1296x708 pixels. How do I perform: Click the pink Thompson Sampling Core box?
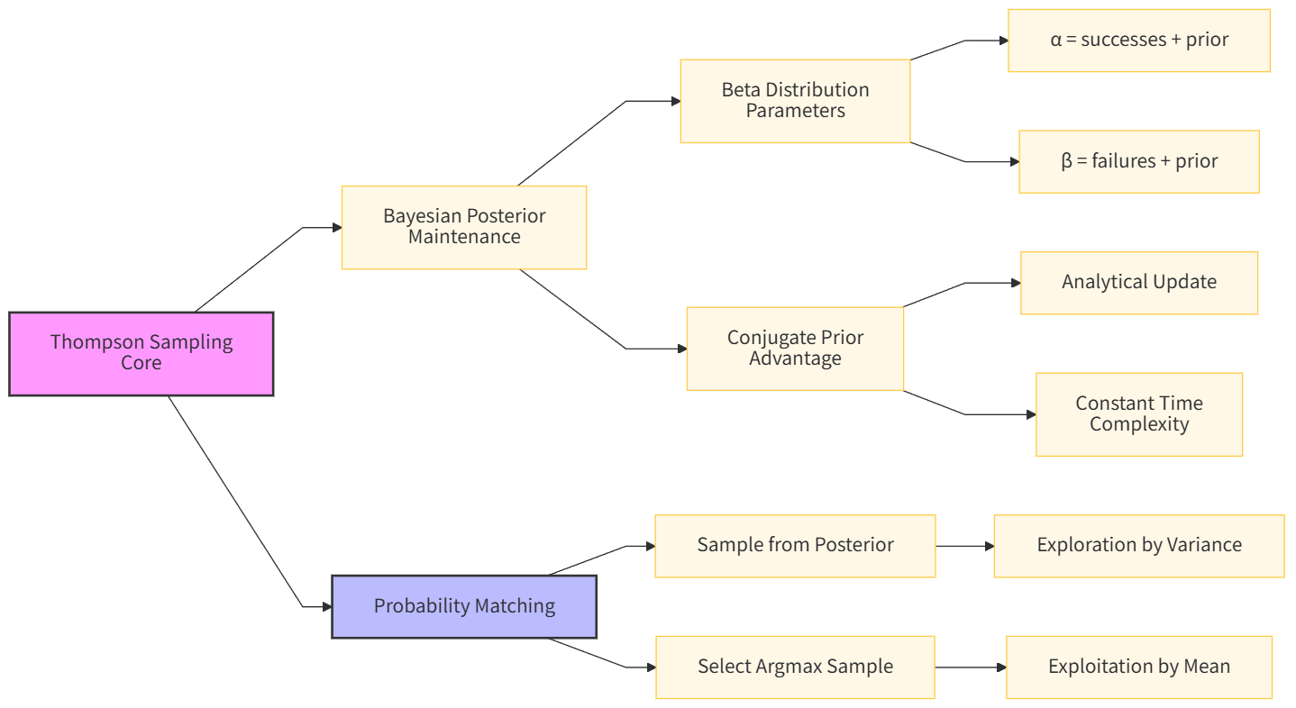coord(141,353)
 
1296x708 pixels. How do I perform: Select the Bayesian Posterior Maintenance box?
coord(464,227)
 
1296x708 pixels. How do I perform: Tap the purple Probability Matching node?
coord(464,606)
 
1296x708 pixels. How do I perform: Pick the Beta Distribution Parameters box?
coord(795,101)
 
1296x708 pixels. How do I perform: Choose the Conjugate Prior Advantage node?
coord(795,349)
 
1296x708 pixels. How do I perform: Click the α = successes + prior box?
coord(1139,41)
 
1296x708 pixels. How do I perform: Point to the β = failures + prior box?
coord(1139,161)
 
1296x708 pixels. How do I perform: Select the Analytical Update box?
coord(1139,283)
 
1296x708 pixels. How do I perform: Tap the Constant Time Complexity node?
coord(1139,414)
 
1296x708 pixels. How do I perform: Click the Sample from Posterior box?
coord(795,546)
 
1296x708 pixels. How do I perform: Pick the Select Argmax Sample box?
coord(795,667)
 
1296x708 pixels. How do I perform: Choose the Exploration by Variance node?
coord(1139,546)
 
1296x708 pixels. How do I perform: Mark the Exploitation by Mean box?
coord(1139,667)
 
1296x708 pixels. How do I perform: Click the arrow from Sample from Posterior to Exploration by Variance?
coord(964,546)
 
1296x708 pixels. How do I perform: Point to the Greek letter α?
coord(1056,41)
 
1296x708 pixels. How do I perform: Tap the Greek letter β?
coord(1067,162)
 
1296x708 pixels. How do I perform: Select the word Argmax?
coord(787,667)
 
